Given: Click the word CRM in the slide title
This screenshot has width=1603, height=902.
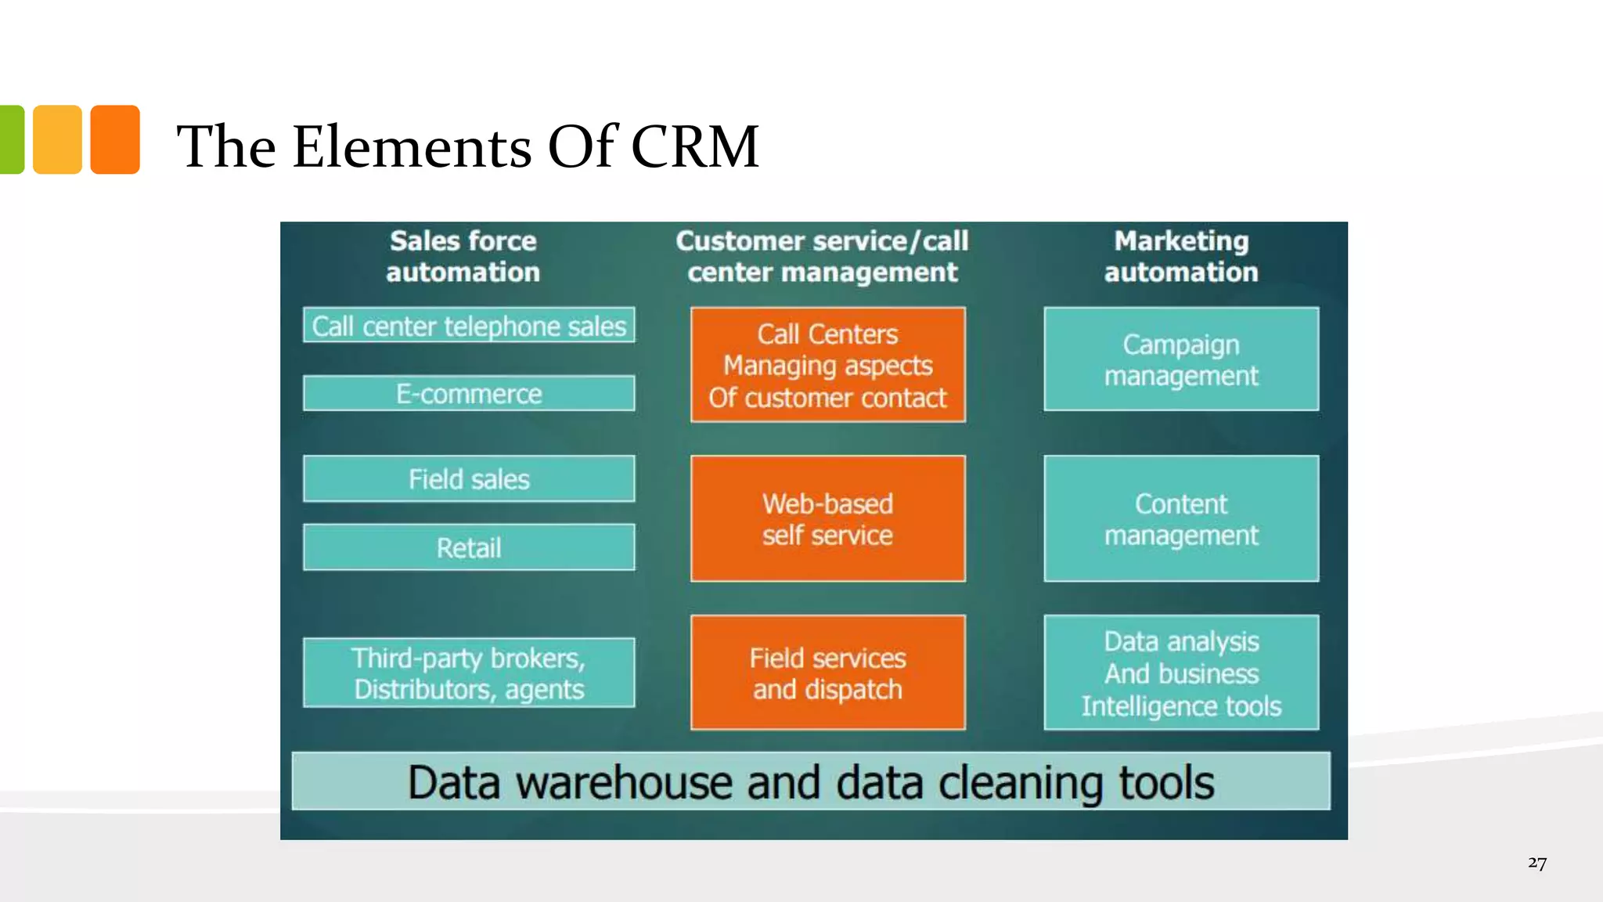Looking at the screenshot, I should pyautogui.click(x=694, y=146).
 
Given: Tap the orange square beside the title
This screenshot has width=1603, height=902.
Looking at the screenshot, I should pyautogui.click(x=115, y=139).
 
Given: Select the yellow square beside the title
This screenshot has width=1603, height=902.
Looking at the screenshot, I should pyautogui.click(x=57, y=139).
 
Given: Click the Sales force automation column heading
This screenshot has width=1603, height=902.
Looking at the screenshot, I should pyautogui.click(x=463, y=256).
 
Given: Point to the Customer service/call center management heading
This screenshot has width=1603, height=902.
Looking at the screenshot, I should pyautogui.click(x=822, y=256).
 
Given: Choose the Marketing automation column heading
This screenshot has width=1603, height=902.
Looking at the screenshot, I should pyautogui.click(x=1180, y=256).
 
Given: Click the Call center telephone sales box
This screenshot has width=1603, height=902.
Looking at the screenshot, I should pyautogui.click(x=469, y=326).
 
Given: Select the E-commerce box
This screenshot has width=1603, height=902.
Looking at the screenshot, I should pyautogui.click(x=469, y=393).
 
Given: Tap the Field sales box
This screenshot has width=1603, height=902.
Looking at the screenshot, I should pyautogui.click(x=469, y=478).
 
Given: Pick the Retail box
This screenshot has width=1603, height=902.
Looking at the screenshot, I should pyautogui.click(x=469, y=547).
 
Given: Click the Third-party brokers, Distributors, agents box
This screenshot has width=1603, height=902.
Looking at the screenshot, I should pyautogui.click(x=469, y=673).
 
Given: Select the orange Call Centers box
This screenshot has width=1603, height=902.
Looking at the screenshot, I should pyautogui.click(x=827, y=365).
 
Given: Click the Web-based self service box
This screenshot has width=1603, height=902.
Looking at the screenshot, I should pyautogui.click(x=827, y=518).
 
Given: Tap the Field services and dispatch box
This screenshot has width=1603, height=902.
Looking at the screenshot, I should pyautogui.click(x=827, y=673).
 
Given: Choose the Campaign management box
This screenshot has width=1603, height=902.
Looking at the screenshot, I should pyautogui.click(x=1180, y=359).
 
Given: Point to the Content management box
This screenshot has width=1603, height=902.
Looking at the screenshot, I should pyautogui.click(x=1180, y=518).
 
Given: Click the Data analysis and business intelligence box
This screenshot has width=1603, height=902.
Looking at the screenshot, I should pyautogui.click(x=1180, y=673).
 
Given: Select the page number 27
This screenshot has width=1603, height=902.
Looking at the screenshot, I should pyautogui.click(x=1536, y=863).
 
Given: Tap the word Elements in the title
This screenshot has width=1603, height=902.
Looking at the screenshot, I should pyautogui.click(x=412, y=146).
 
